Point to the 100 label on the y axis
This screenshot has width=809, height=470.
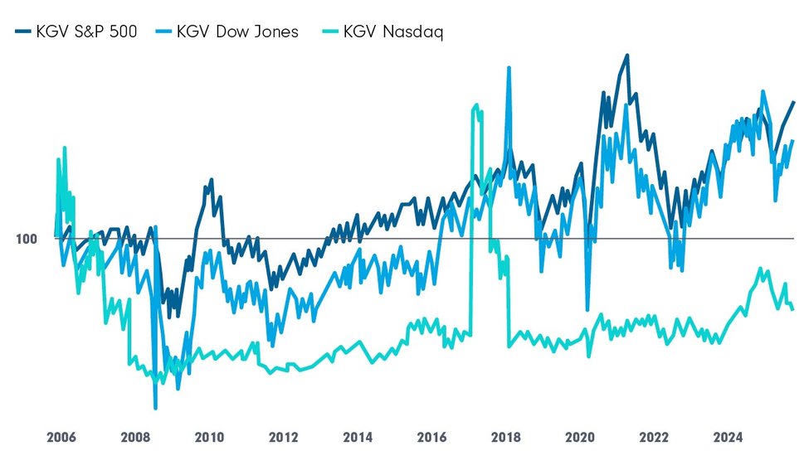click(27, 239)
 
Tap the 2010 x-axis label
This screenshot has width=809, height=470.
click(209, 438)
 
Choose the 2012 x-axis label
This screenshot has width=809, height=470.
click(283, 438)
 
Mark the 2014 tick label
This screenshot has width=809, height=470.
click(358, 438)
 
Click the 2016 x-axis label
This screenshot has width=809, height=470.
click(431, 438)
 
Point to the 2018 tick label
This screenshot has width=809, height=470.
click(505, 438)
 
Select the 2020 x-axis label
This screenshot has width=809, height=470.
click(580, 438)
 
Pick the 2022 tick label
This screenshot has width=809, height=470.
click(654, 438)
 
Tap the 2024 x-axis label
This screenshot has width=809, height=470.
click(729, 438)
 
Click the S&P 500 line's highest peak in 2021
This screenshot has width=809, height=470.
click(626, 56)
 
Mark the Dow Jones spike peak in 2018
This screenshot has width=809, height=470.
click(509, 68)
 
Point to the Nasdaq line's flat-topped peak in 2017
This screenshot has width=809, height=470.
click(475, 106)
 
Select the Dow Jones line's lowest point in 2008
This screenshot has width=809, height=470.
click(155, 408)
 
